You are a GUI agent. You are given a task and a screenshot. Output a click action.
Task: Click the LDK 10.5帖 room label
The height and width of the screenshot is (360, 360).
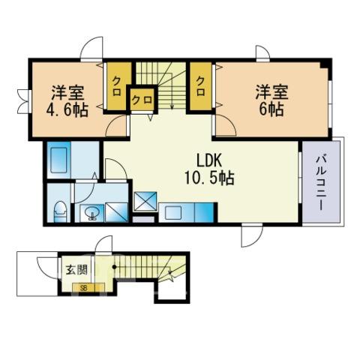[209, 169]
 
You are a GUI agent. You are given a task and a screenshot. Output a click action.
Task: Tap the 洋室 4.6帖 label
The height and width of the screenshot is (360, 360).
[67, 102]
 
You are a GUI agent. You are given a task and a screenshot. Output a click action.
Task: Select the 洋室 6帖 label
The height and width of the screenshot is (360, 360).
[271, 100]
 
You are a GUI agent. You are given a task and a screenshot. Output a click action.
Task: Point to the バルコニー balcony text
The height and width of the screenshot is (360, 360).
[321, 184]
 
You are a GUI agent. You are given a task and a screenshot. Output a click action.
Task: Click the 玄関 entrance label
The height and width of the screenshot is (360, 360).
[76, 270]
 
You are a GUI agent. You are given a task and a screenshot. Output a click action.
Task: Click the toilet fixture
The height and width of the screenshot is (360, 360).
[61, 211]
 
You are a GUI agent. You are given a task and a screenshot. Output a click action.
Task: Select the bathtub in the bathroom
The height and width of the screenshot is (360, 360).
[59, 160]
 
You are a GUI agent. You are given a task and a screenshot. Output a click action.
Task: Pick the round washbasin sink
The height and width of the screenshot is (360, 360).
[91, 213]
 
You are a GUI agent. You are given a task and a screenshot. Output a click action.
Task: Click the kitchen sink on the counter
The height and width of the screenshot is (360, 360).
[174, 212]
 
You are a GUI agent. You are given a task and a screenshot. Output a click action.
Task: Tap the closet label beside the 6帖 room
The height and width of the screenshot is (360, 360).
[200, 86]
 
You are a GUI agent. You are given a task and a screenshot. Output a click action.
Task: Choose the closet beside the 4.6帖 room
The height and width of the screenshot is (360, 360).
[117, 86]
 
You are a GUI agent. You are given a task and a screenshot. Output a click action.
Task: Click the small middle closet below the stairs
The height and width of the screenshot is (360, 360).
[142, 100]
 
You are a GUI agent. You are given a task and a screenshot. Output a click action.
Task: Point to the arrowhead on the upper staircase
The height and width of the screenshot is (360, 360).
[172, 107]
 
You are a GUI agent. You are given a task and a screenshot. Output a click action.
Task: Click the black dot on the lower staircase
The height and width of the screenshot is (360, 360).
[114, 267]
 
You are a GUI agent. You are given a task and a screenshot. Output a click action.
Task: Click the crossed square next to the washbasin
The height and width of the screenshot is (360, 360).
[116, 213]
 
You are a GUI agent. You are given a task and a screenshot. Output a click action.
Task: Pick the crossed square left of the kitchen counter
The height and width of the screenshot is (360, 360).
[145, 202]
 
